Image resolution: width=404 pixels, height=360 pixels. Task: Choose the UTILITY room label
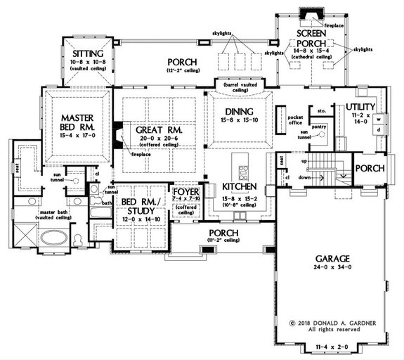click(363, 107)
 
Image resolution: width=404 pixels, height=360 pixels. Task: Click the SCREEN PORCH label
click(313, 39)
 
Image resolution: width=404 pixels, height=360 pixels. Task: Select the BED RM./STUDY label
click(142, 207)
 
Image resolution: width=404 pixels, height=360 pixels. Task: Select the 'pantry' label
click(320, 127)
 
